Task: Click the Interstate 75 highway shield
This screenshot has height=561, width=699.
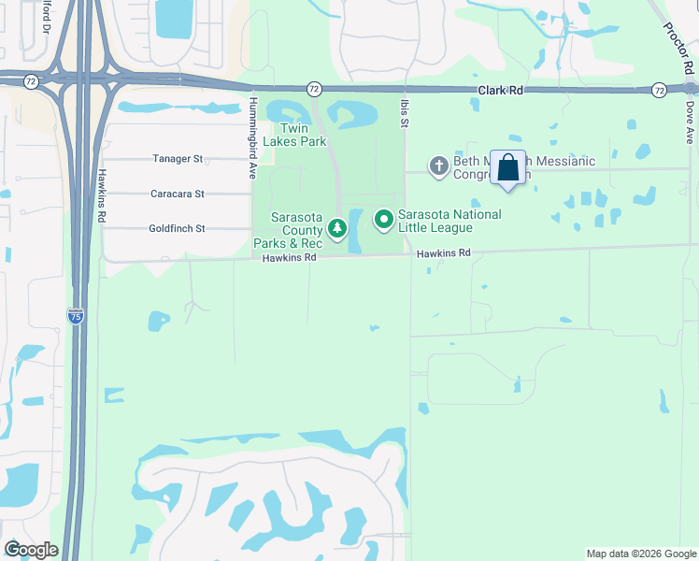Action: [76, 316]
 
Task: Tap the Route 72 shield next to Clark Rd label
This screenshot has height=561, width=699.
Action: [660, 90]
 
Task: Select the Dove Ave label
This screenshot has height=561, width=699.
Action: [690, 122]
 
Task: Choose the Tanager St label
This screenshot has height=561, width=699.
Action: [178, 159]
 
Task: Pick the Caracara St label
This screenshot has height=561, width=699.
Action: [178, 194]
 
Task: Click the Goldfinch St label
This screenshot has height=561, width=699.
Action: [177, 228]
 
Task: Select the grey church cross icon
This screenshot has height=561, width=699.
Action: [438, 166]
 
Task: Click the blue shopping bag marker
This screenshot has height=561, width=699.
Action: [507, 168]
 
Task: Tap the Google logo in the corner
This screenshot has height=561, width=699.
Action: [31, 550]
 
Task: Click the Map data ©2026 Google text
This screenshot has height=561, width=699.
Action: [640, 554]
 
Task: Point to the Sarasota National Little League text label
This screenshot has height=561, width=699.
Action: [449, 221]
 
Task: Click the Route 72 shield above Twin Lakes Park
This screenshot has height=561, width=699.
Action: [314, 88]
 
